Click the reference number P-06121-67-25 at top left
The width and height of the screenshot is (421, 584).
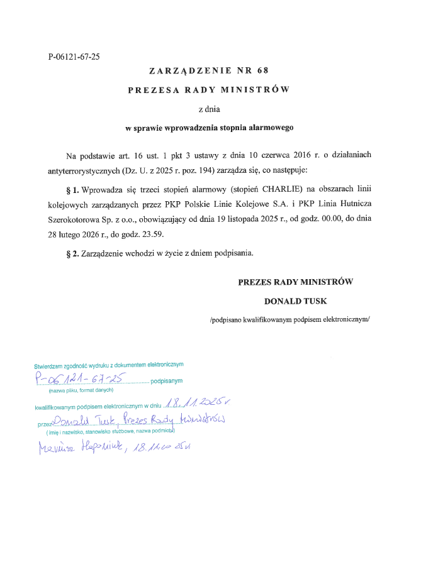coord(74,57)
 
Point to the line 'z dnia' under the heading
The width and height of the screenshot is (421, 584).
coord(210,109)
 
